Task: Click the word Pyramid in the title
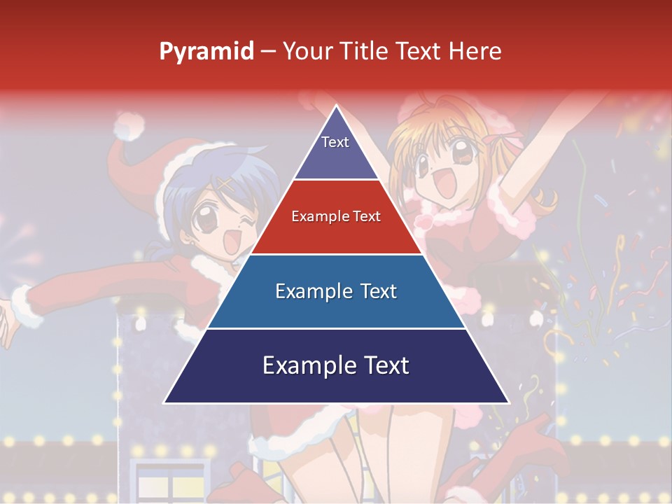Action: tap(206, 52)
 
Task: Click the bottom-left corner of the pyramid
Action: tap(165, 402)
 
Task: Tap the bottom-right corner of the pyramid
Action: tap(507, 402)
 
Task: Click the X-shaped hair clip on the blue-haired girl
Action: tap(225, 185)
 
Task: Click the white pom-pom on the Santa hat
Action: tap(129, 127)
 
